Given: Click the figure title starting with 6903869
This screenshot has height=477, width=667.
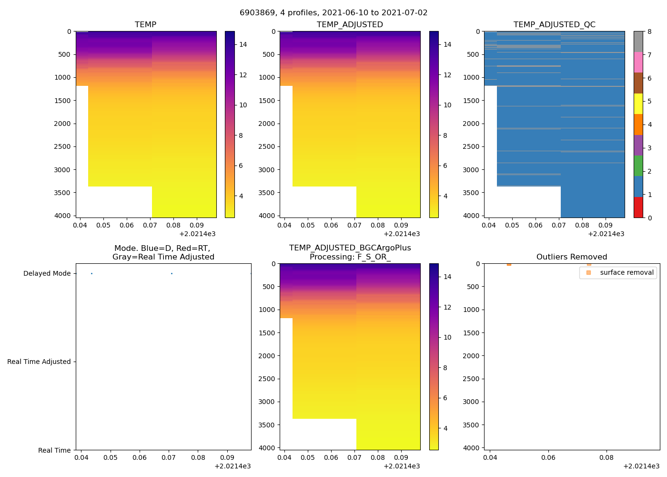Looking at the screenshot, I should [x=333, y=13].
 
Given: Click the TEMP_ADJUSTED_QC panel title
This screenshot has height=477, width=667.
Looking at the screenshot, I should [x=554, y=25].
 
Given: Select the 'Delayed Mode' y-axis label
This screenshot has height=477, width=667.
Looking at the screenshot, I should [x=47, y=274].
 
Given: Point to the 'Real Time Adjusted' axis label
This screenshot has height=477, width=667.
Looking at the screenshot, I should [x=39, y=362].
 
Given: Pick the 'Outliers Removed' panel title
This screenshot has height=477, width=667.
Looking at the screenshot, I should [x=572, y=257].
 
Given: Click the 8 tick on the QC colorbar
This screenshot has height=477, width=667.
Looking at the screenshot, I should [x=649, y=32].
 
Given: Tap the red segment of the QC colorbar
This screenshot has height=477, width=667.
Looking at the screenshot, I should [x=638, y=207].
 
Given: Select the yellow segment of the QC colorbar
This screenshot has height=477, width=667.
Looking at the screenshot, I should [x=638, y=104].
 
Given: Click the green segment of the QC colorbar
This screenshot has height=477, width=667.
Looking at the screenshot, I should [x=638, y=166].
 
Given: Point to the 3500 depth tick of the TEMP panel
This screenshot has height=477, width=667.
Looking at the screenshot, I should [x=63, y=193].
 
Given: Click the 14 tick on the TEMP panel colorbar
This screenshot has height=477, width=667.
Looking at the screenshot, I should [x=243, y=44].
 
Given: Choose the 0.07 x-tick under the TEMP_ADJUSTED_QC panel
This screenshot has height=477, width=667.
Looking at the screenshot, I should [x=559, y=225].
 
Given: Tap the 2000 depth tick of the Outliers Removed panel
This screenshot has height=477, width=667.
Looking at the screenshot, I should [x=471, y=356].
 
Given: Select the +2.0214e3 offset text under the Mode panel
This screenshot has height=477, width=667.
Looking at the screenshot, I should [x=232, y=467].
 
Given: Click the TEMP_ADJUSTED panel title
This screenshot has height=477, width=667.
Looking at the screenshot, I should [x=350, y=25].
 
